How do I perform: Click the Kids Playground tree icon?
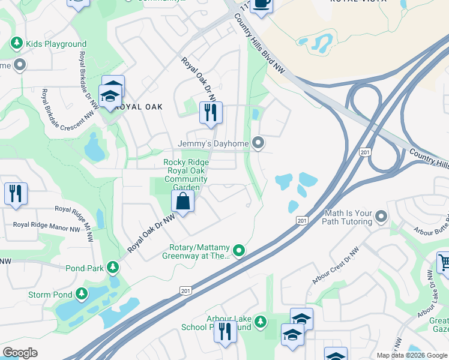tap(17, 44)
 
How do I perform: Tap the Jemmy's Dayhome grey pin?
tap(258, 143)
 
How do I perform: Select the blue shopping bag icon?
tap(183, 202)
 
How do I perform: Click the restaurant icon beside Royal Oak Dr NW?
tap(211, 113)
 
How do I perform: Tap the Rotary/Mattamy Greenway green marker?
tap(239, 250)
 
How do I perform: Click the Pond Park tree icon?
tap(112, 268)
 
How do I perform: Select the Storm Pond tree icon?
tap(82, 295)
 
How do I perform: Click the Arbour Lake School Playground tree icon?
tap(260, 322)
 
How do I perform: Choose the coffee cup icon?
tap(261, 4)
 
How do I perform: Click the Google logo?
tap(20, 353)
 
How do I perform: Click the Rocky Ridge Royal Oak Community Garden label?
tap(186, 175)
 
